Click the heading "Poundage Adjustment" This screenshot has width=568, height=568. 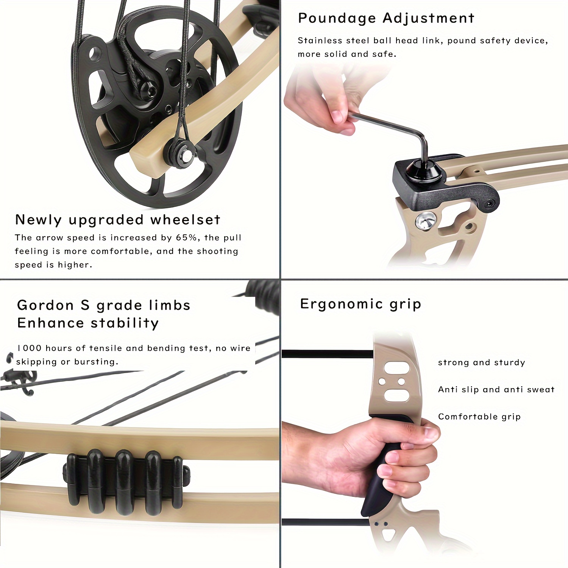(386, 18)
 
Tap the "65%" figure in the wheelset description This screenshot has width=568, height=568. (186, 238)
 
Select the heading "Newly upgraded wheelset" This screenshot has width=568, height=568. (117, 220)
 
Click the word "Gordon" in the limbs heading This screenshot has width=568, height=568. (45, 305)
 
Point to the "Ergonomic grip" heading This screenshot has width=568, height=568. (360, 304)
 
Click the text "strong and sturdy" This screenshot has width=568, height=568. (481, 363)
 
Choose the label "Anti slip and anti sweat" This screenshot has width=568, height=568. (496, 390)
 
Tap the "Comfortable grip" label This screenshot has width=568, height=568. (479, 417)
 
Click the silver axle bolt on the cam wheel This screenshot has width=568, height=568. (186, 154)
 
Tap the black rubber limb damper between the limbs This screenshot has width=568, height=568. (125, 481)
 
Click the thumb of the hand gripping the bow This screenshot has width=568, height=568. (426, 432)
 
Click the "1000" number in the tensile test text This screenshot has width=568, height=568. (29, 348)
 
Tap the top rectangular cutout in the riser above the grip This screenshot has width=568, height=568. (396, 367)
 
